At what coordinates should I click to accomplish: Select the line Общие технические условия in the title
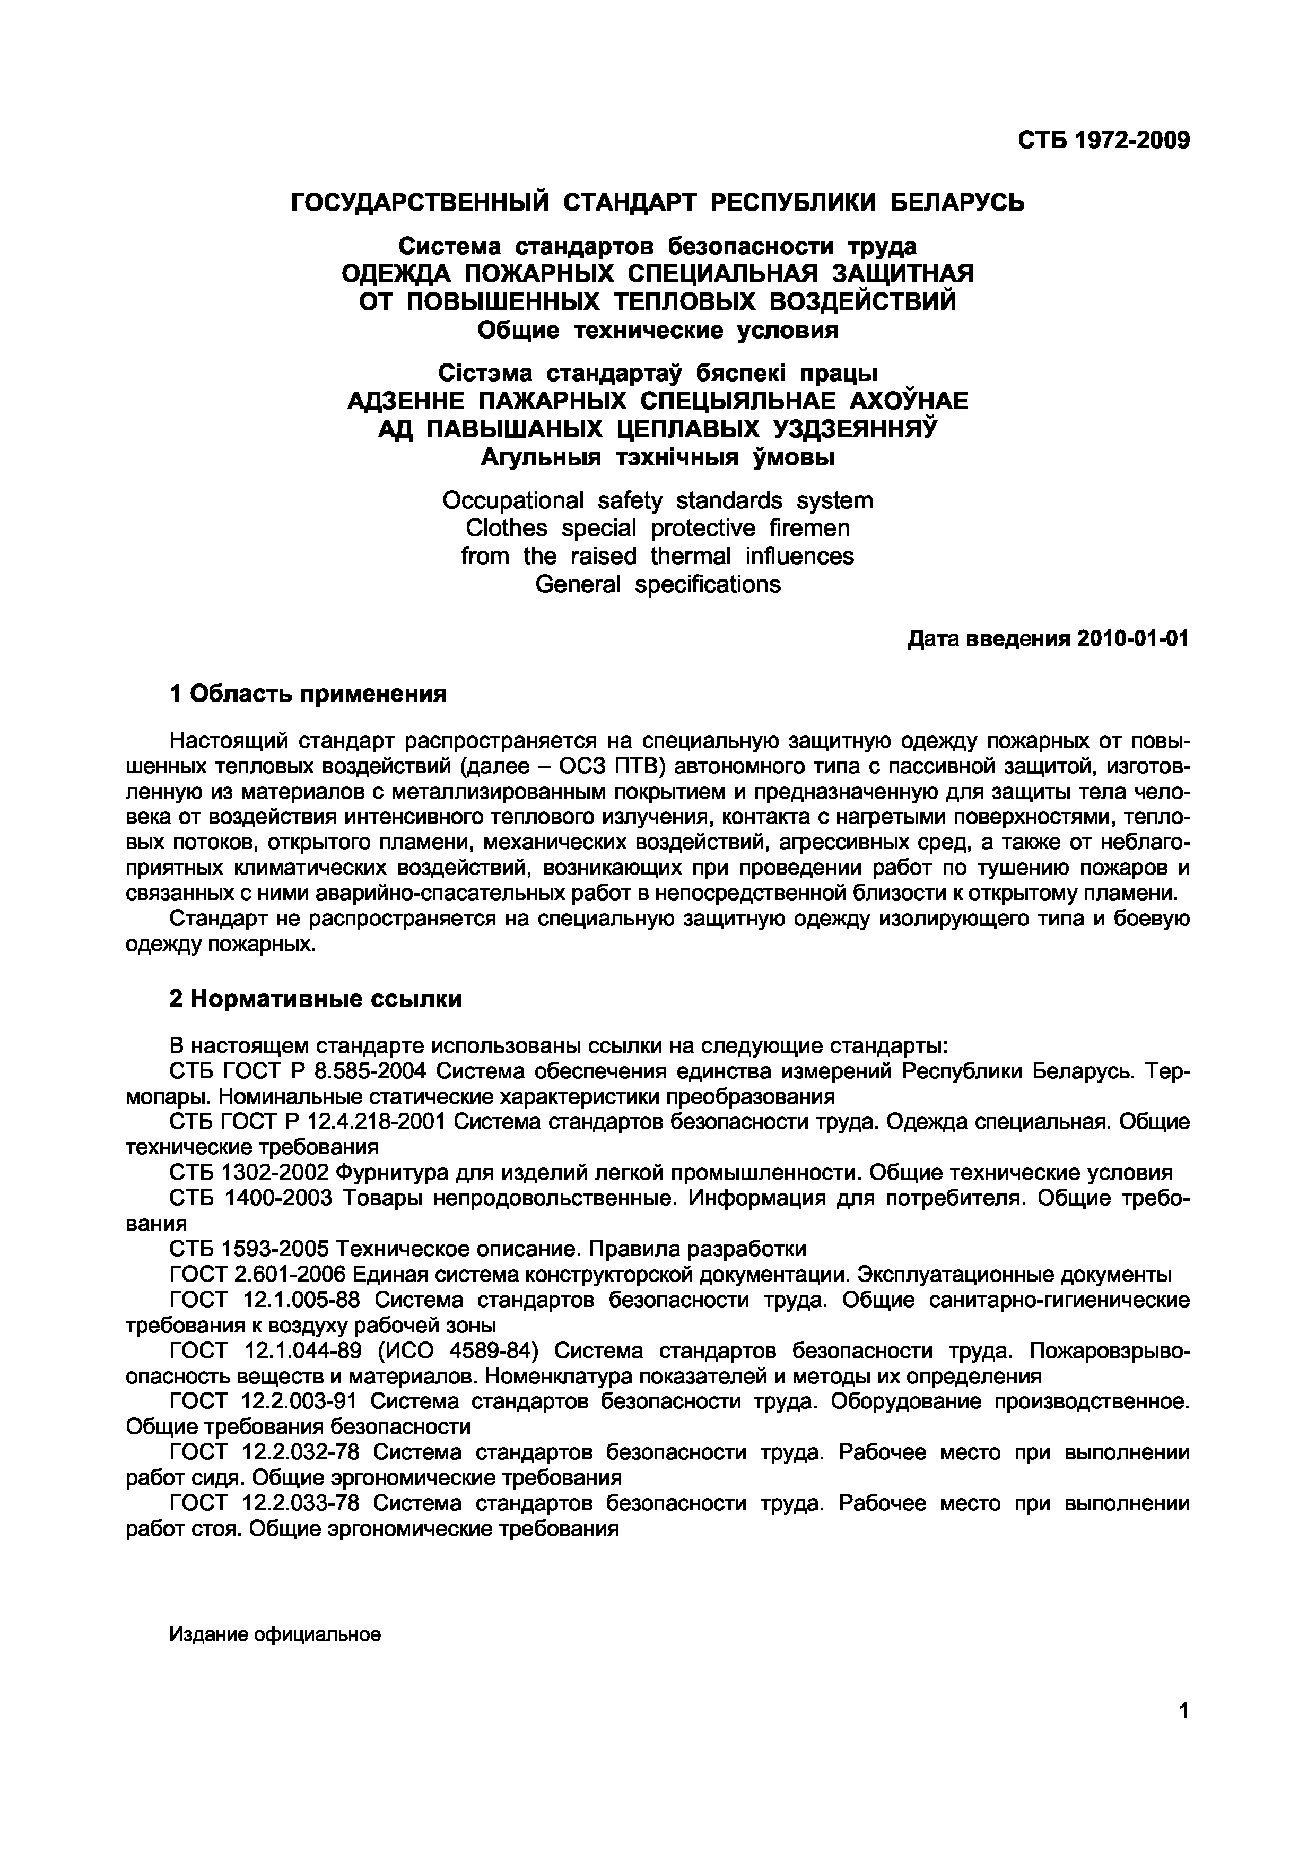657,330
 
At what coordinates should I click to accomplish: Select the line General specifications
657,584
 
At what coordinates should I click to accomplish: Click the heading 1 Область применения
308,693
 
